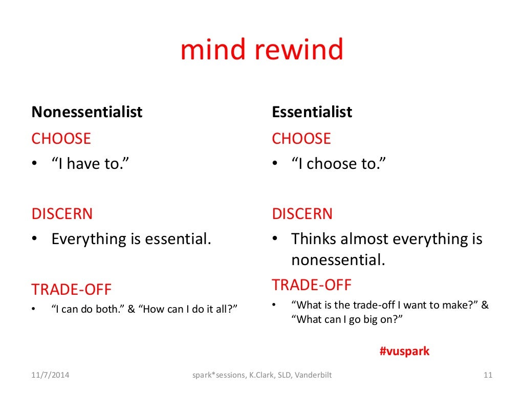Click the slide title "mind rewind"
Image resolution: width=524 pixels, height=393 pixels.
(x=261, y=51)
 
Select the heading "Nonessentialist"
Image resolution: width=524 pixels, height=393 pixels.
(x=87, y=112)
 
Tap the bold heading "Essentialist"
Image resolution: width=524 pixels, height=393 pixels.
(x=312, y=112)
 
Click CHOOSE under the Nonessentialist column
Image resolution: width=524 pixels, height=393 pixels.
(x=61, y=139)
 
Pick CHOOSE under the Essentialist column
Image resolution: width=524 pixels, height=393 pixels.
(x=301, y=139)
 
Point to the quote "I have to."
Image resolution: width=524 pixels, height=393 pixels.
(x=90, y=164)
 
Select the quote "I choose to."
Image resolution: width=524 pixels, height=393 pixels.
(x=338, y=164)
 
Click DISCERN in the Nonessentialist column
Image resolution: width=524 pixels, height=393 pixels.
(x=62, y=214)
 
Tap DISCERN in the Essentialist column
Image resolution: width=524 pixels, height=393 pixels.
(x=302, y=214)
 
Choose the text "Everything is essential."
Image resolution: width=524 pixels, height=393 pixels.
(x=131, y=239)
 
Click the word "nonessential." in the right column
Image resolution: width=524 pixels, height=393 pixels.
(x=338, y=260)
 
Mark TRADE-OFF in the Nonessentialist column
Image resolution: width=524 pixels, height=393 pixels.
(x=71, y=290)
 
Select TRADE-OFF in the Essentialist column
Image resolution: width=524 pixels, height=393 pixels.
(x=312, y=285)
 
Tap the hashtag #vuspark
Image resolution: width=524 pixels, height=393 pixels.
(x=404, y=351)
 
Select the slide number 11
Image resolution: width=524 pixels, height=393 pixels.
(x=488, y=375)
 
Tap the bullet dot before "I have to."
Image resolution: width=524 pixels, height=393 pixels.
(x=35, y=164)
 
